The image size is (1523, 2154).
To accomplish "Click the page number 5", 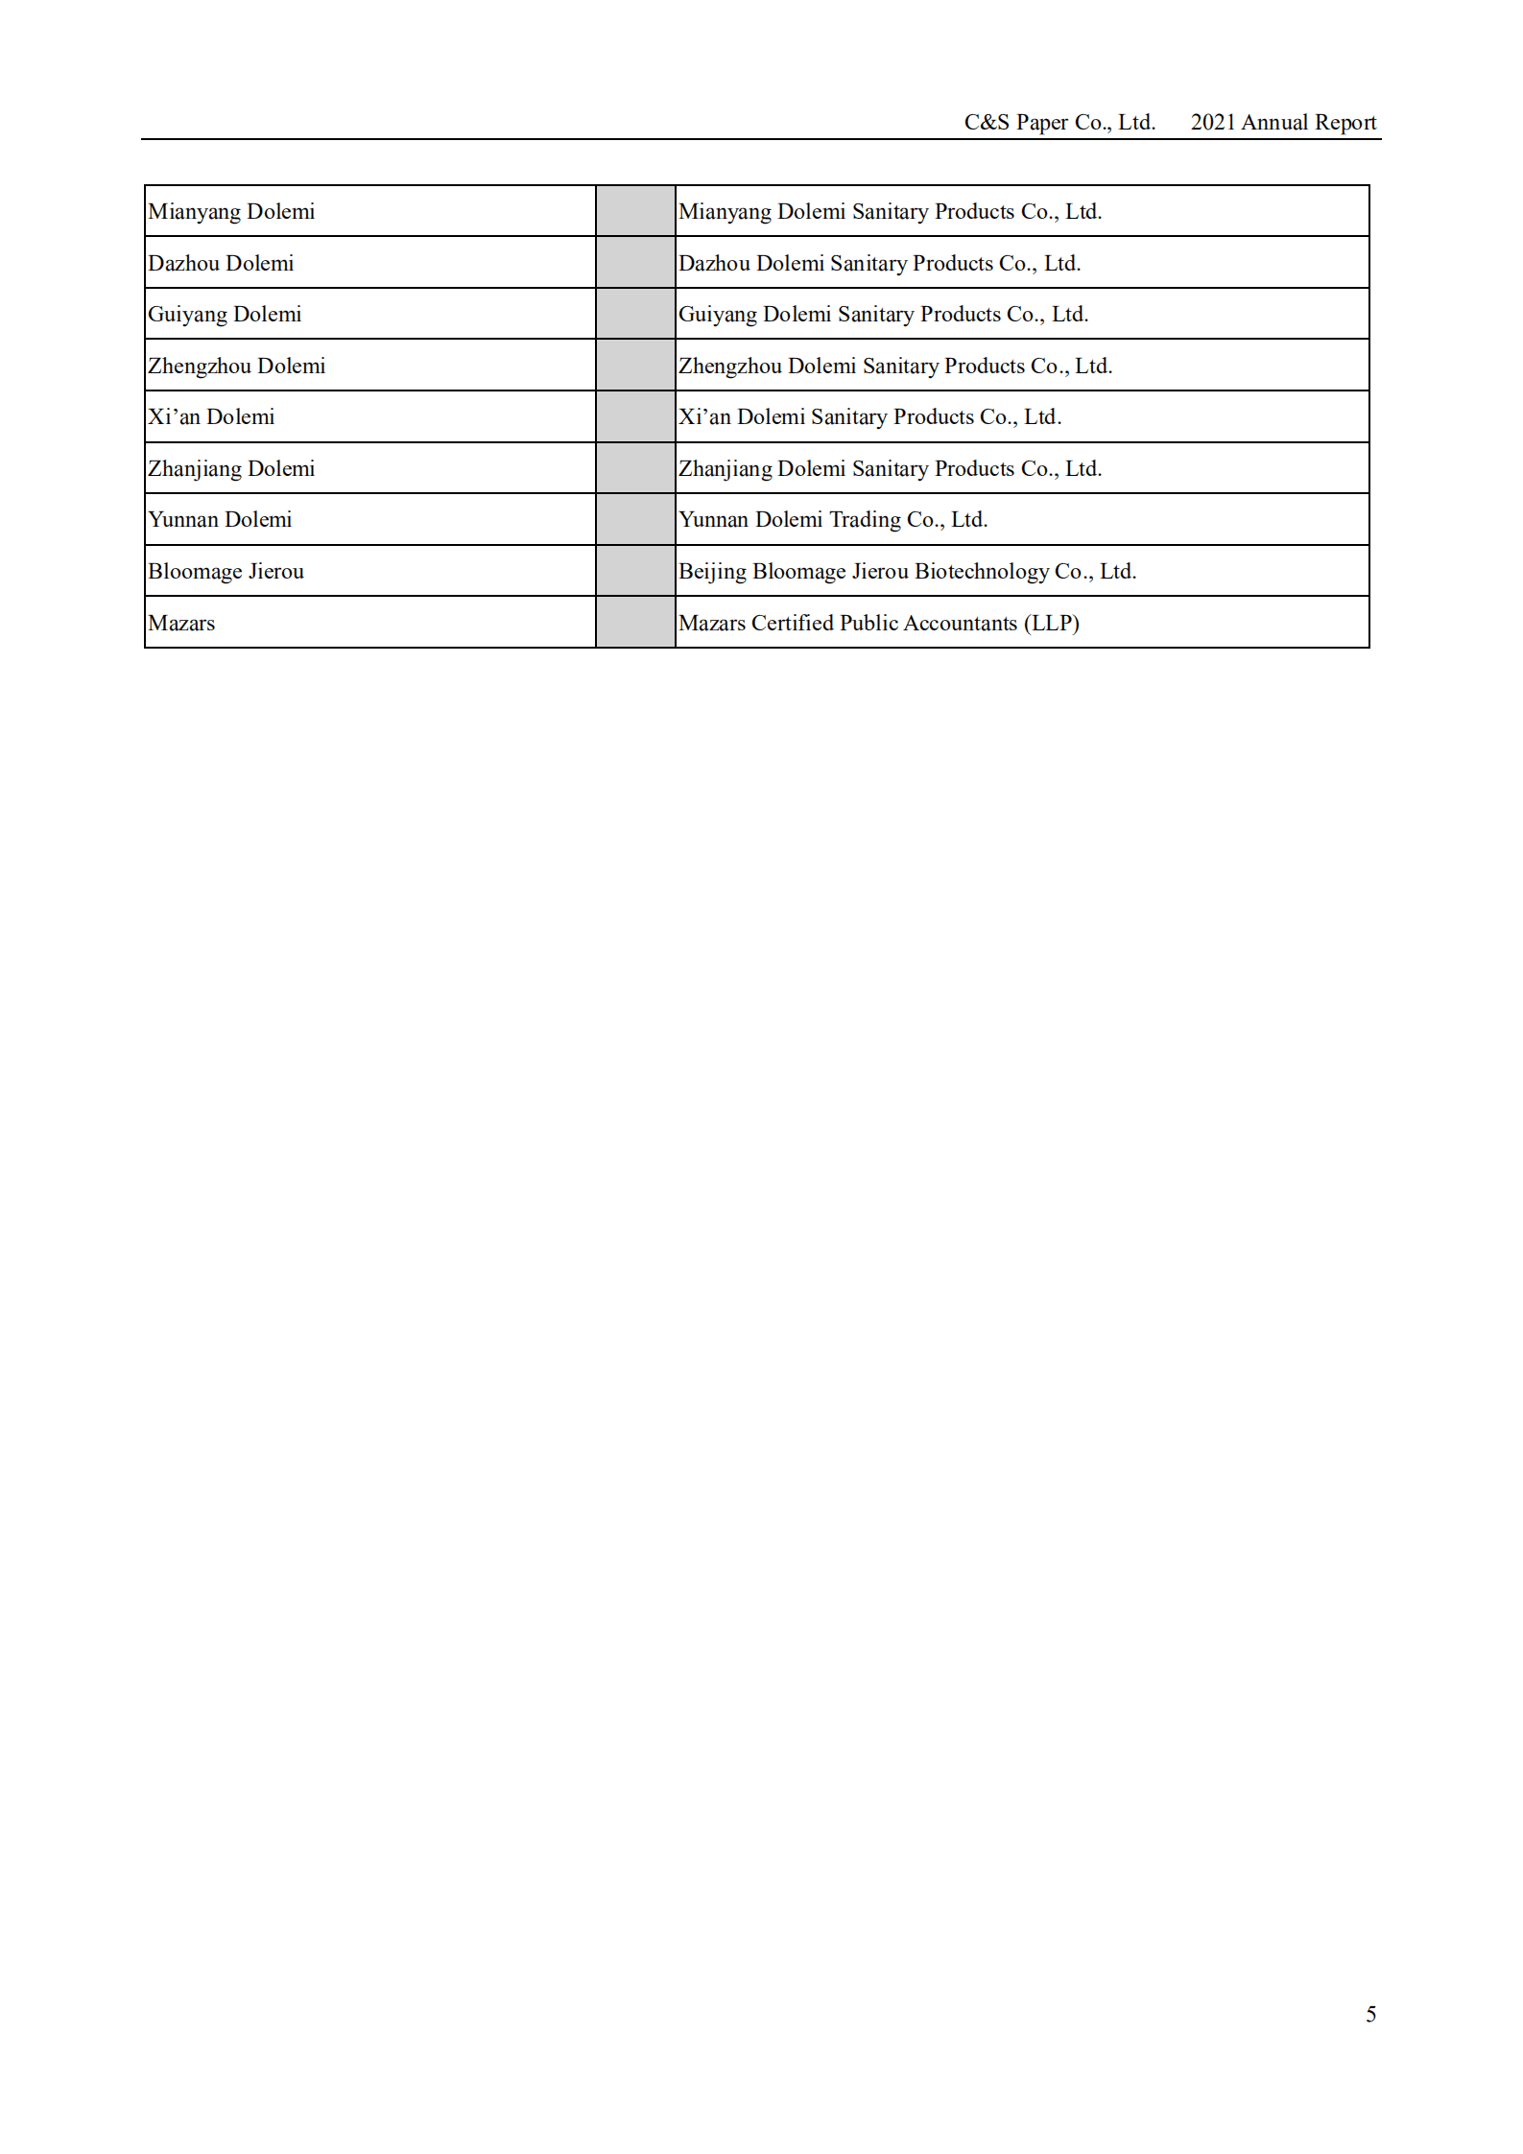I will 1370,2014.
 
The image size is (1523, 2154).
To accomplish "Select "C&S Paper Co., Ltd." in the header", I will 1059,122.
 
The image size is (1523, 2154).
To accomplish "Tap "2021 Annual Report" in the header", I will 1283,122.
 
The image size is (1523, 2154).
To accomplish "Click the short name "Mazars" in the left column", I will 181,623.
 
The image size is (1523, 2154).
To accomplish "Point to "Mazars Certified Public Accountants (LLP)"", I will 879,623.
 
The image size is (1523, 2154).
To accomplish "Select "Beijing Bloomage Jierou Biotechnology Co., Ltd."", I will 907,571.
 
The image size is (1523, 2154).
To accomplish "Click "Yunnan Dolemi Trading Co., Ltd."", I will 833,519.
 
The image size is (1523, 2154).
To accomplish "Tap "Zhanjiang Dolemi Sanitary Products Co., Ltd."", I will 890,468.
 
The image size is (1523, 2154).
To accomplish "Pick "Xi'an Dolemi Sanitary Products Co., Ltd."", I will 869,416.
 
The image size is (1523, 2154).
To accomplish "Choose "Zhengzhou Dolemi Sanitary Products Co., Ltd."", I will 895,366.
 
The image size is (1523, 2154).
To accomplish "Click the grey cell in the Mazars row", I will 635,622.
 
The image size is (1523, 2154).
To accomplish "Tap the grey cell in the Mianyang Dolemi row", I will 635,211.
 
